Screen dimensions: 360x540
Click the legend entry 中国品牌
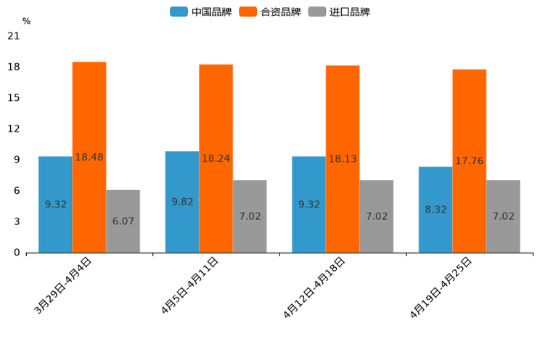[201, 12]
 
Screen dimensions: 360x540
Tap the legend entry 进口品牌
[339, 12]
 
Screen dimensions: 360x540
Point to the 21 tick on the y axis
[13, 36]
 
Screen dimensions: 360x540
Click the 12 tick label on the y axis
[13, 129]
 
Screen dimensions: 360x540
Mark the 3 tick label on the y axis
[16, 222]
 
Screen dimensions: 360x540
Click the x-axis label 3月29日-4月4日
[63, 286]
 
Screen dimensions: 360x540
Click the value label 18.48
[89, 157]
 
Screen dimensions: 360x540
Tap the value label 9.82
[182, 202]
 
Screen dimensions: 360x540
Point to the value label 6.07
[123, 221]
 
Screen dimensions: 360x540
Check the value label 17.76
[469, 161]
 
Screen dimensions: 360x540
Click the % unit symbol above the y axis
[26, 22]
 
